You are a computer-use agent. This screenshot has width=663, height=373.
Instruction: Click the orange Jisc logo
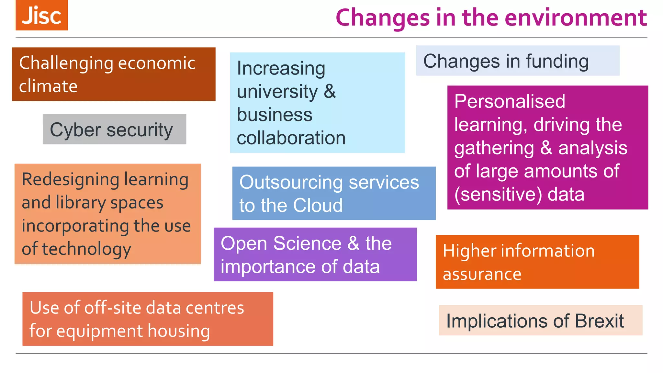42,15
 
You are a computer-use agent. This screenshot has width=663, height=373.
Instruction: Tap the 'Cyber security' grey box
114,130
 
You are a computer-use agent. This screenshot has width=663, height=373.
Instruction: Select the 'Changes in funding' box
517,61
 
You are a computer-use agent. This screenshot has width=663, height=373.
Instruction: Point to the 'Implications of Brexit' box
540,321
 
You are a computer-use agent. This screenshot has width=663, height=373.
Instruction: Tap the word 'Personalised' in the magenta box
510,101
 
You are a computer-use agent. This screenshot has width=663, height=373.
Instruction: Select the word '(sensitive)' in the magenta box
498,194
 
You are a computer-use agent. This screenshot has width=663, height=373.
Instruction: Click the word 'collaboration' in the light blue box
291,138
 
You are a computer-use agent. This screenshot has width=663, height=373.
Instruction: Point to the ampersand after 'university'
330,91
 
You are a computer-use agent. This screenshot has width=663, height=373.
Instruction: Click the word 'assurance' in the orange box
482,274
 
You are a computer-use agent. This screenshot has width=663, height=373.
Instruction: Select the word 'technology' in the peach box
86,249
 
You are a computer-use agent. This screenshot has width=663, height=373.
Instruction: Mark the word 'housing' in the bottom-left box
179,331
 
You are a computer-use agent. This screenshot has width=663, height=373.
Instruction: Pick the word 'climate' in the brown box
48,86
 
